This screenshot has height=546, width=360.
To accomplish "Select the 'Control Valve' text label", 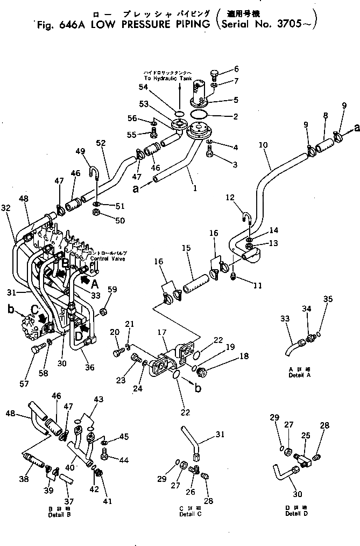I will (x=108, y=258).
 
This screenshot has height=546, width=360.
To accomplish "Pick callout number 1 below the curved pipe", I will (x=194, y=188).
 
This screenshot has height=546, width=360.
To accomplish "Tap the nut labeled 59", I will (x=103, y=311).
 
